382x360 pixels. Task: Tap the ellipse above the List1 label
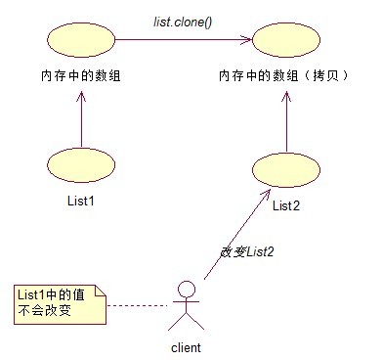(81, 166)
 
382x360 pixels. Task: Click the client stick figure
(186, 305)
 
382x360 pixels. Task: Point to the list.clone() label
(185, 20)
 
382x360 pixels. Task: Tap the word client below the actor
(186, 346)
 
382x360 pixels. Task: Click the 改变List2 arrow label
(246, 251)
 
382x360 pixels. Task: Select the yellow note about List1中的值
(56, 302)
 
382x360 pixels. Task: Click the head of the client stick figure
(186, 288)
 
